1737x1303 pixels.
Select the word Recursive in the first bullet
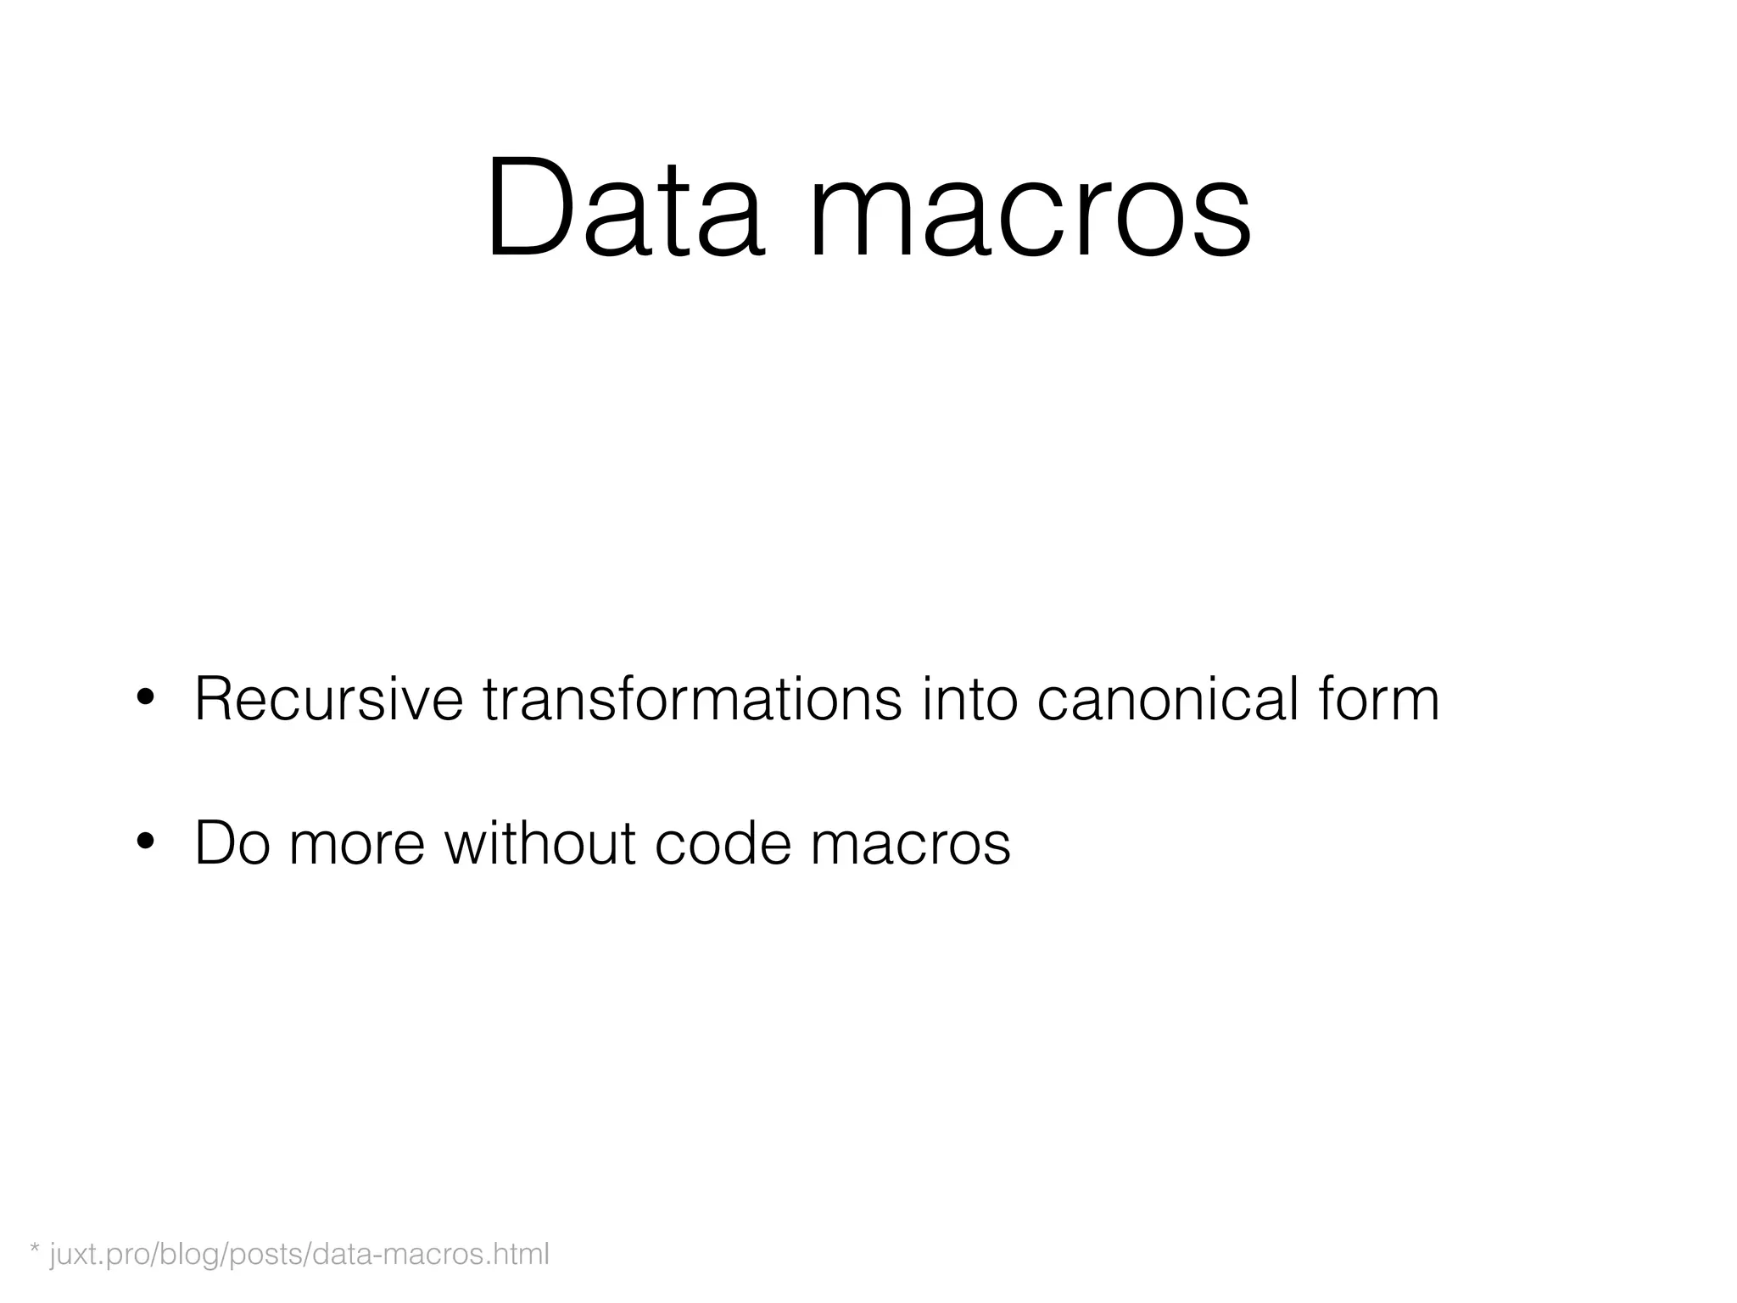point(329,700)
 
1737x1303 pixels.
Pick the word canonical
point(1168,700)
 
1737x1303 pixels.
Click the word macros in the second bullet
point(910,845)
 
